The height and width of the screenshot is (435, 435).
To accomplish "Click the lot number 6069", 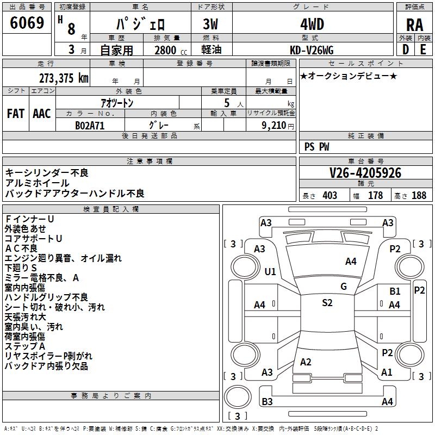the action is (x=27, y=23).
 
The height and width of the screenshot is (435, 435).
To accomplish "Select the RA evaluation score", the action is (x=414, y=24).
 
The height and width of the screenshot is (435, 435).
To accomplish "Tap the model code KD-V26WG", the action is (x=311, y=49).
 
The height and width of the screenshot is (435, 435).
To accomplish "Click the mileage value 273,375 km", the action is (x=63, y=78).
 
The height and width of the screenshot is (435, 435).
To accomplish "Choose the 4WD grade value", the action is (x=312, y=24).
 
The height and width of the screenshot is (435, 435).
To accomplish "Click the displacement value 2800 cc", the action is (x=165, y=50).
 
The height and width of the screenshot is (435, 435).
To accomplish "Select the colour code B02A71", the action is (x=90, y=125).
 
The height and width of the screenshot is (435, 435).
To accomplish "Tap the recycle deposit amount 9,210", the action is (x=271, y=125).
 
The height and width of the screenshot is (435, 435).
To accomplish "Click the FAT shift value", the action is (x=15, y=113).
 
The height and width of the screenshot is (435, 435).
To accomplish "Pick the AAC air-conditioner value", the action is (x=41, y=113).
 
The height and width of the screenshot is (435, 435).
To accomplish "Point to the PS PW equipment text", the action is (x=316, y=146).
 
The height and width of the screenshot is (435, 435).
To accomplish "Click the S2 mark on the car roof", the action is (x=327, y=303).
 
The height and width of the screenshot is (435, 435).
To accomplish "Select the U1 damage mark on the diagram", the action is (x=270, y=271).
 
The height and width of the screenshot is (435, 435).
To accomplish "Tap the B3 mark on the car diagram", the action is (x=267, y=401).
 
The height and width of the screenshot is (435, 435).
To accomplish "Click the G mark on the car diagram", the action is (x=343, y=286).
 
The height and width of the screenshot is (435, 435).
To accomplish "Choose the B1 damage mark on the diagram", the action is (x=395, y=291).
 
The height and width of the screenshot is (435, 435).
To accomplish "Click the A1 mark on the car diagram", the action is (x=387, y=372).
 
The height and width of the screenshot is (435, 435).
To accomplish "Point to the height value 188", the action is (x=419, y=195).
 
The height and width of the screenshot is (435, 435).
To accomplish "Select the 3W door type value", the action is (x=211, y=24).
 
